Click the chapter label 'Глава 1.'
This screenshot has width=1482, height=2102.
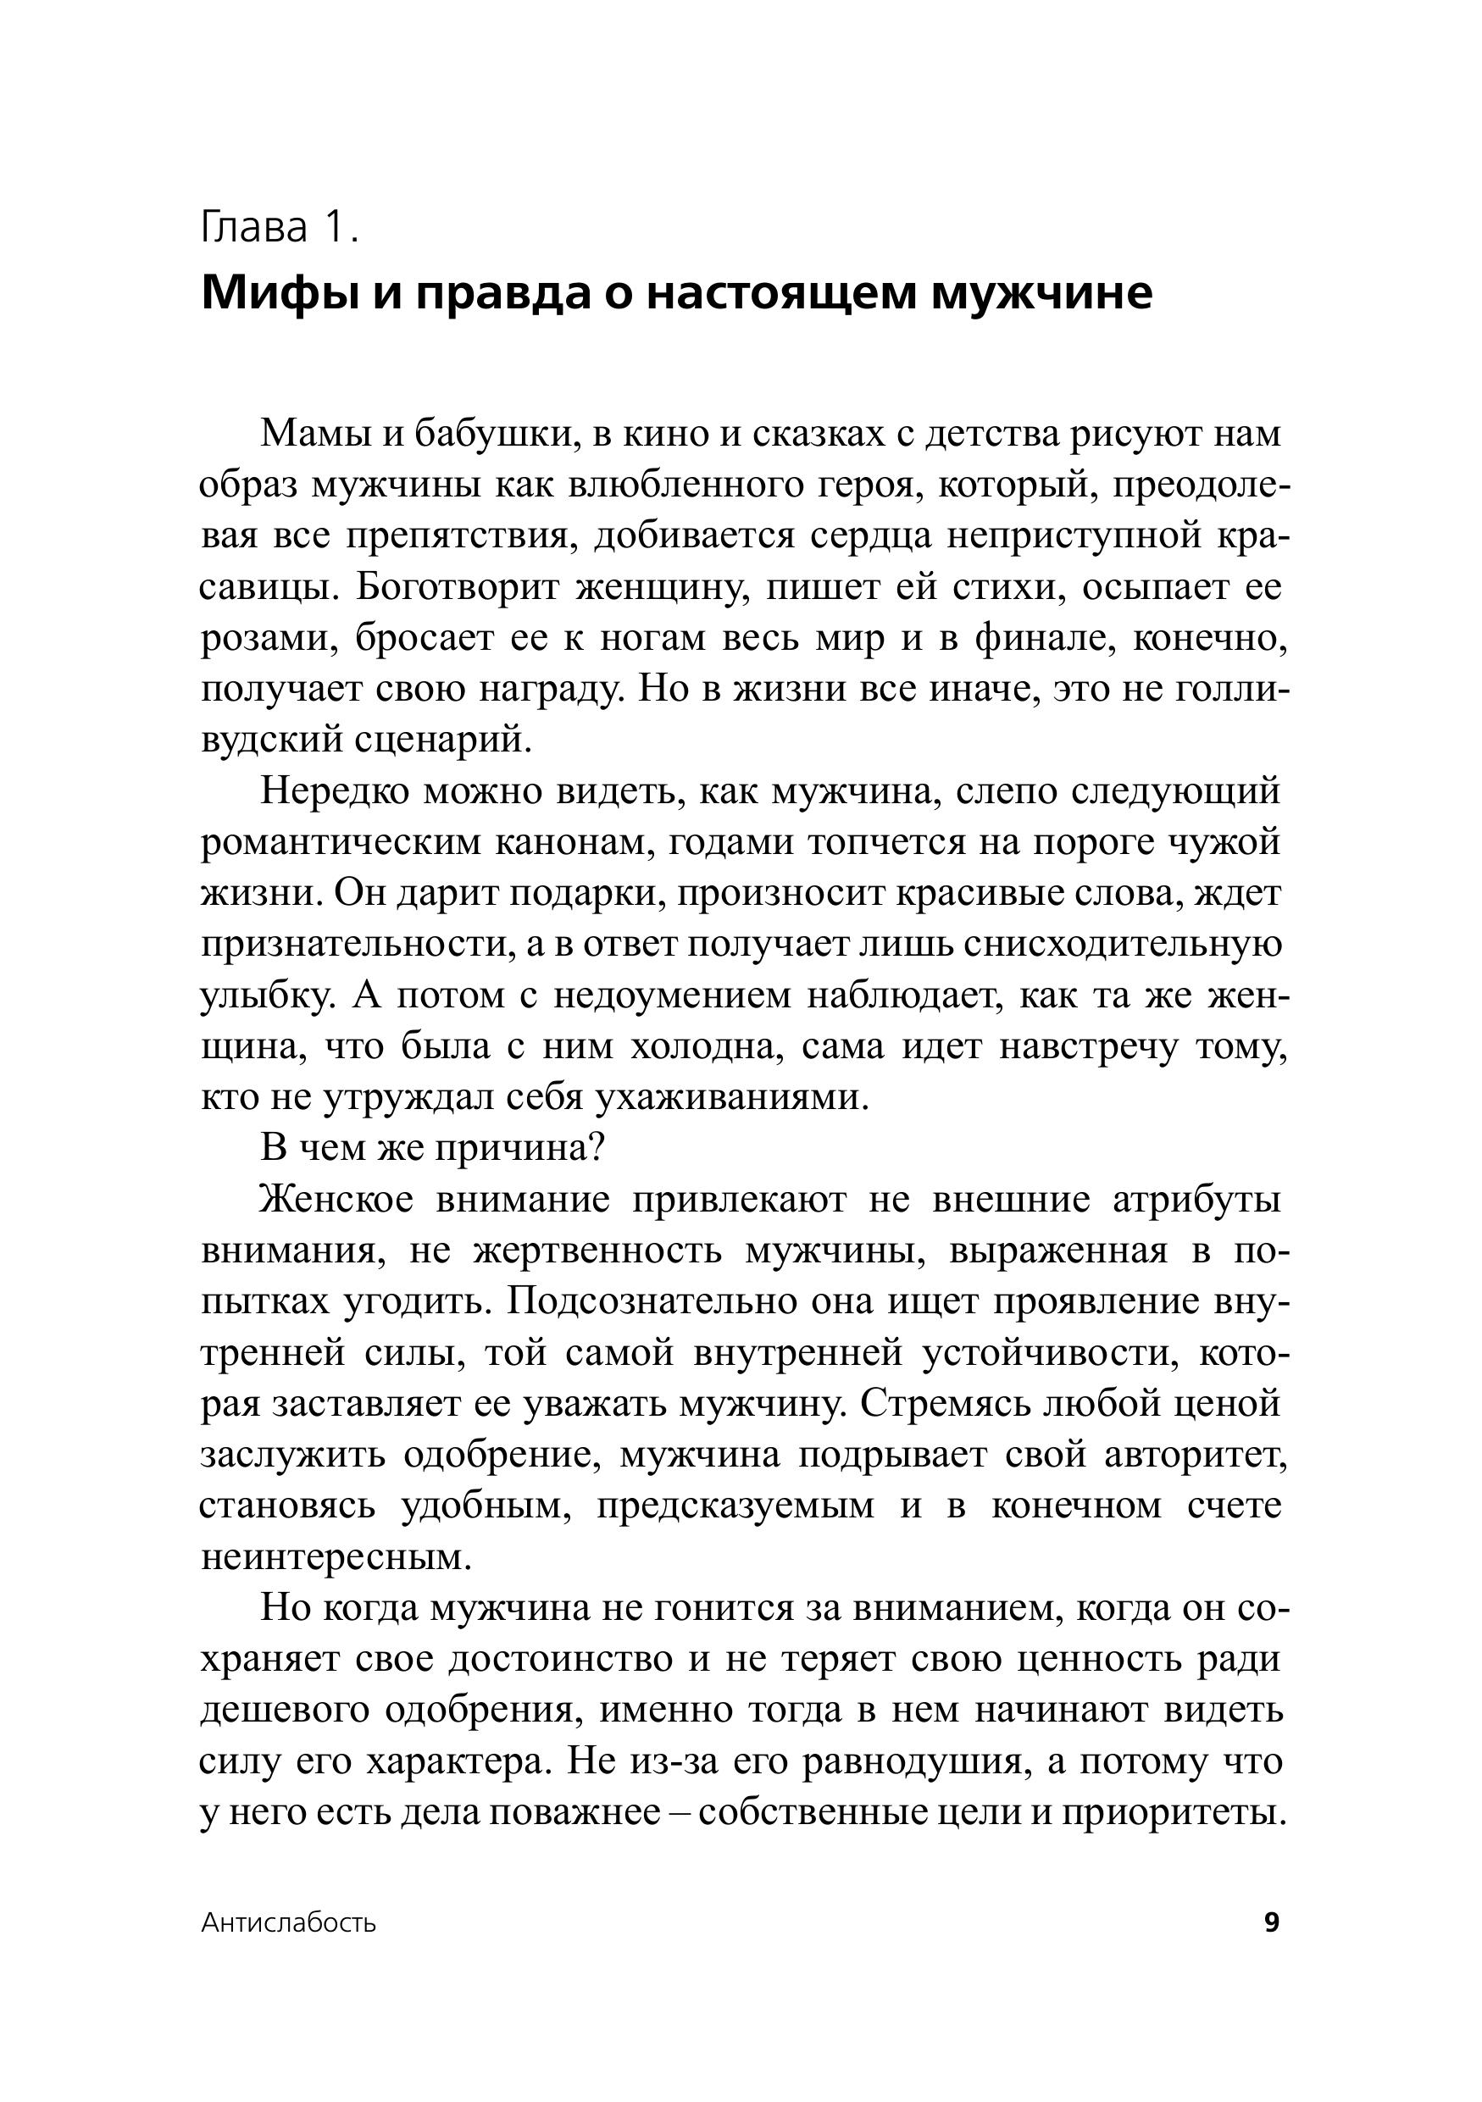point(279,228)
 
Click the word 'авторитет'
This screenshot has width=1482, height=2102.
point(1196,1455)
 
